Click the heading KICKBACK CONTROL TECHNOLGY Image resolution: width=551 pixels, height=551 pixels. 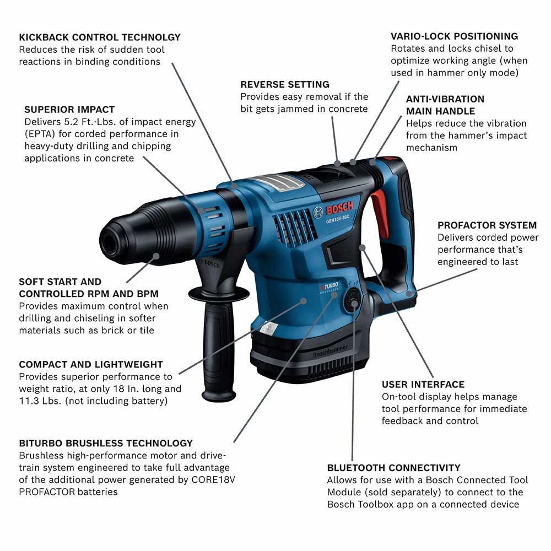coord(100,37)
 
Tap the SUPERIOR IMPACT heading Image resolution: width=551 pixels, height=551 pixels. coord(69,110)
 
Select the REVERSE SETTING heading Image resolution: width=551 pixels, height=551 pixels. coord(285,85)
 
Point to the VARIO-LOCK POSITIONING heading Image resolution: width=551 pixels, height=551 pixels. coord(455,36)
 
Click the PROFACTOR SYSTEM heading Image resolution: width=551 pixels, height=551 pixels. coord(487,225)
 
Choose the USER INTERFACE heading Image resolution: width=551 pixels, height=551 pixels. coord(423,385)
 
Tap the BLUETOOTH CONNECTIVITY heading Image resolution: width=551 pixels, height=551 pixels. coord(393,468)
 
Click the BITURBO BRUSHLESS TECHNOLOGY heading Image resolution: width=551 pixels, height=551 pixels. coord(106,444)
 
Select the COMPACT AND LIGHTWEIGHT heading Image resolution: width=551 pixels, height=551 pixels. coord(91,365)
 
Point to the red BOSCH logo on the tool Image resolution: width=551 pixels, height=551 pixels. coord(339,208)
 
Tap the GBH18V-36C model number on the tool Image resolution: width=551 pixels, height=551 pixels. coord(337,219)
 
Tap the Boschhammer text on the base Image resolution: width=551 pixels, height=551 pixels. coord(330,351)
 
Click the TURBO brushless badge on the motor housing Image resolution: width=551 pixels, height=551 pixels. coord(329,287)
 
